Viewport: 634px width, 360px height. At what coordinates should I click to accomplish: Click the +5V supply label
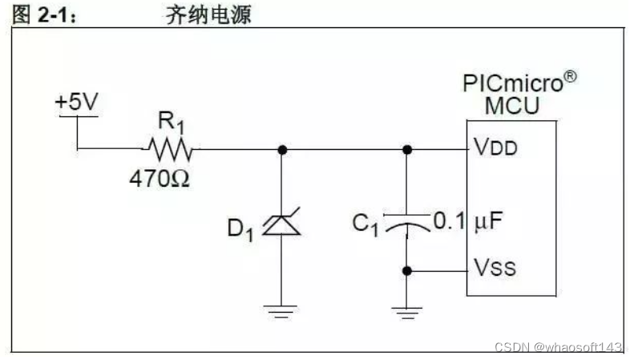click(76, 103)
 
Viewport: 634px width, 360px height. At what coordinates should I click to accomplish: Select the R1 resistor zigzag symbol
click(168, 149)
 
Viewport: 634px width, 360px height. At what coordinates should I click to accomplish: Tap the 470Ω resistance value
click(160, 178)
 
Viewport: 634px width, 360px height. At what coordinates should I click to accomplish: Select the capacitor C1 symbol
click(406, 222)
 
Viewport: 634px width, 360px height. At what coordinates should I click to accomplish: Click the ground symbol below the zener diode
click(281, 310)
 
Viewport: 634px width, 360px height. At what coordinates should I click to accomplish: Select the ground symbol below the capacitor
click(407, 310)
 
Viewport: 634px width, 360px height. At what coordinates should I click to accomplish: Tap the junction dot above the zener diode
click(281, 149)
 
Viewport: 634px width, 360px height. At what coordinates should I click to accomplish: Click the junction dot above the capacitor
click(407, 149)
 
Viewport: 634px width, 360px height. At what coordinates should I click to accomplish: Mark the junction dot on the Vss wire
click(407, 271)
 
